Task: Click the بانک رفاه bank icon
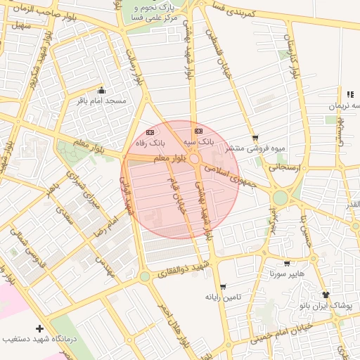[x=149, y=131]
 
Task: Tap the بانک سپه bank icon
[x=198, y=131]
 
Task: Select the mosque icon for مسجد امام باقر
[x=102, y=90]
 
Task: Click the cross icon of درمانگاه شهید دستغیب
[x=39, y=328]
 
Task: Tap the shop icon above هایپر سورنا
[x=286, y=263]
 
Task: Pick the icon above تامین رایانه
[x=223, y=287]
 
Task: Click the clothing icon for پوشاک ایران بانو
[x=326, y=295]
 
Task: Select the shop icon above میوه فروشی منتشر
[x=255, y=138]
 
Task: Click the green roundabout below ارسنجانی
[x=281, y=198]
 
